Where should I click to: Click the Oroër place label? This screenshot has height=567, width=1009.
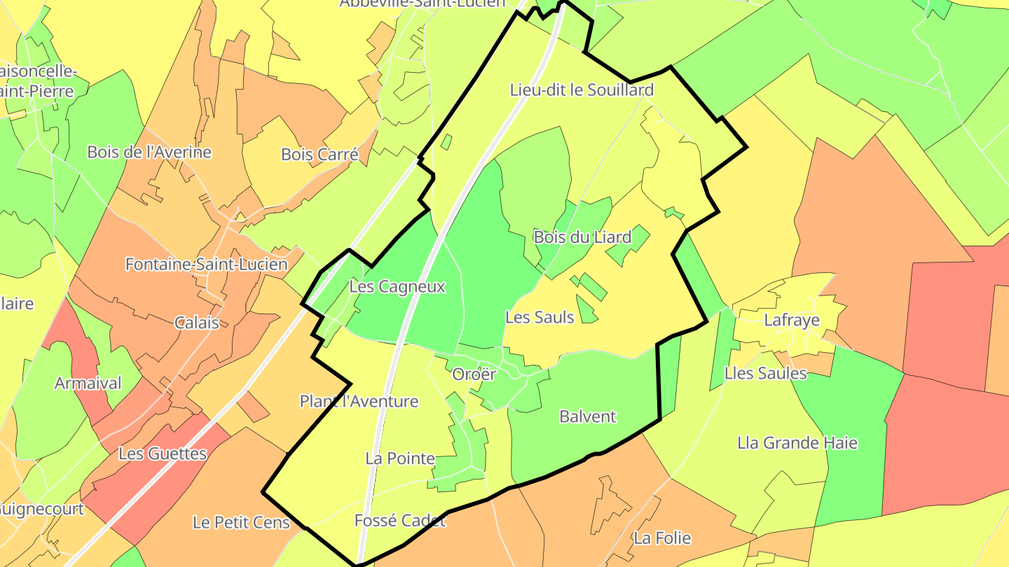point(474,374)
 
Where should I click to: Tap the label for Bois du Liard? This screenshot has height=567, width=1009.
point(582,237)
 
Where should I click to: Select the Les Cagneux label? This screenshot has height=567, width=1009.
point(397,286)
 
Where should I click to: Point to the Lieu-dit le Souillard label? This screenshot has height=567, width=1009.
point(582,90)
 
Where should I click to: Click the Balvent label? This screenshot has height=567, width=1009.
point(587,416)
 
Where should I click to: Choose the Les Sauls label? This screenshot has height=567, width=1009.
point(540,317)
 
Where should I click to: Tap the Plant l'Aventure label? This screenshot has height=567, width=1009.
point(359,401)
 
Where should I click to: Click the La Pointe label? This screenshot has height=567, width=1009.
point(400,458)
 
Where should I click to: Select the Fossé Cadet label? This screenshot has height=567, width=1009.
point(400,520)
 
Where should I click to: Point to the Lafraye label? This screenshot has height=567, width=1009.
point(792,321)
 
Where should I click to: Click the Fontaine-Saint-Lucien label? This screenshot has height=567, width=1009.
point(206,264)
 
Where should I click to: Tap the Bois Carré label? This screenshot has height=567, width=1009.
point(320,154)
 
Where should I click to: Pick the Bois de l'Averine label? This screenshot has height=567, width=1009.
point(149,152)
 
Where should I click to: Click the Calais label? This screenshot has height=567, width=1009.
point(196,323)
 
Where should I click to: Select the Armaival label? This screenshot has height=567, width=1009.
point(88,383)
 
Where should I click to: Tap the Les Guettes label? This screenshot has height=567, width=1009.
point(163,453)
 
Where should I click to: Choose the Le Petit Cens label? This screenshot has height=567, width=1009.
point(241,522)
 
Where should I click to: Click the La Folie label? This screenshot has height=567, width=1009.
point(662,538)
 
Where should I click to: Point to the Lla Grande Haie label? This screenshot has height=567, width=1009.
point(797,443)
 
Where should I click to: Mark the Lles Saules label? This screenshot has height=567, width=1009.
point(766,373)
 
